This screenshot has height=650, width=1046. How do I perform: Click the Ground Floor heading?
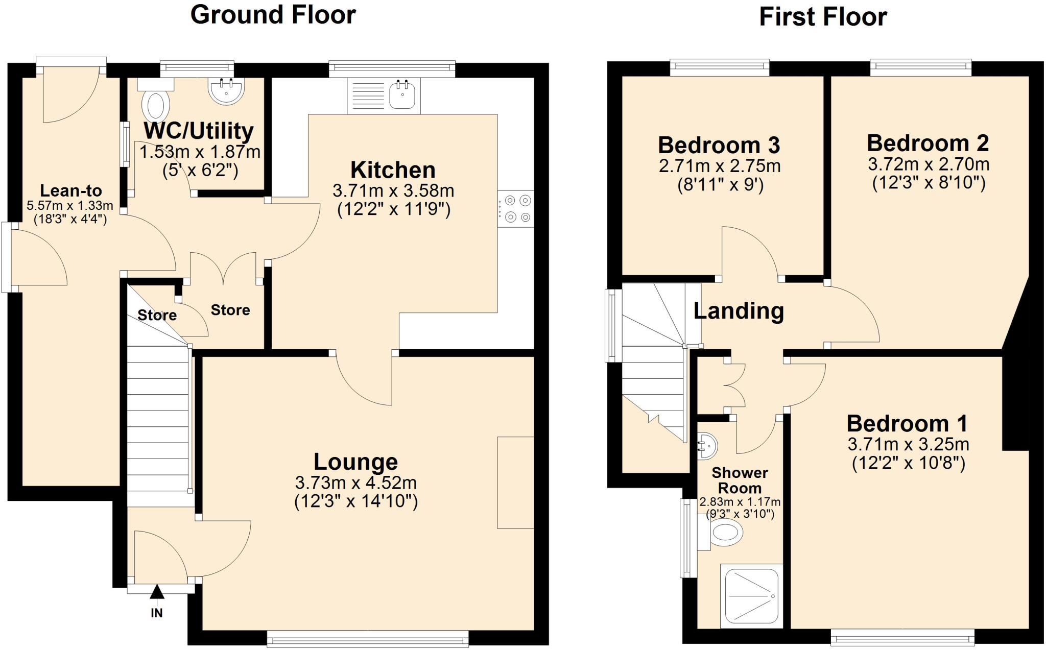click(x=273, y=14)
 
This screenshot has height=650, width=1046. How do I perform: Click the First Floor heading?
click(x=823, y=17)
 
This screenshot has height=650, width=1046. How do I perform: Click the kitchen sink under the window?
click(x=402, y=95)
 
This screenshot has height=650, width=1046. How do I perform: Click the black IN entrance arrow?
click(x=157, y=592)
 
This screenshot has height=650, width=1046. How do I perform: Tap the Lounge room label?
click(x=355, y=462)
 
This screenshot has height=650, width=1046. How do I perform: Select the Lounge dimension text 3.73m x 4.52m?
click(x=355, y=483)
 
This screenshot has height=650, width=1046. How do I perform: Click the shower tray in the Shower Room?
click(x=751, y=596)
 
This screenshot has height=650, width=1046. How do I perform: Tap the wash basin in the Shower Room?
click(x=707, y=445)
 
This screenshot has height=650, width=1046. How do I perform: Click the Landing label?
click(x=738, y=310)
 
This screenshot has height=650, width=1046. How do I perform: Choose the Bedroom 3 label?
click(x=719, y=145)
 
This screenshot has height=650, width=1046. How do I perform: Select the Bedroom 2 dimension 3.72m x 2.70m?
click(x=928, y=164)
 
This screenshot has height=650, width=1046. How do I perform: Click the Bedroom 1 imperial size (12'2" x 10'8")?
click(x=908, y=464)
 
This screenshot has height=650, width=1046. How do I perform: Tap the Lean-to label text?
click(x=70, y=191)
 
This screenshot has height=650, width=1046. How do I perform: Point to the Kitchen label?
click(x=393, y=170)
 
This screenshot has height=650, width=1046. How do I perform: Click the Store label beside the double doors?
click(x=230, y=310)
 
